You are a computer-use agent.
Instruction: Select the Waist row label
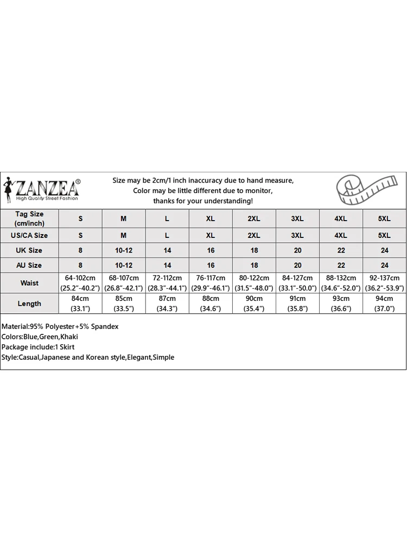29,283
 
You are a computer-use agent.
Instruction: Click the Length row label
29,304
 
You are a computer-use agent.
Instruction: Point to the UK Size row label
29,250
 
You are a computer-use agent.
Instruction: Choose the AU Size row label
29,265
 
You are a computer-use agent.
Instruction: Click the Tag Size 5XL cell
384,218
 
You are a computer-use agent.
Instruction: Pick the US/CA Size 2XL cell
254,236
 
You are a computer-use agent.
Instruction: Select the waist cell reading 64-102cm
80,283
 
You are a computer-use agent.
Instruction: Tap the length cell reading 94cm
384,304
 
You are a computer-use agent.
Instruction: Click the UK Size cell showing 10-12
124,250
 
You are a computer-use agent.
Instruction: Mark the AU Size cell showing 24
384,265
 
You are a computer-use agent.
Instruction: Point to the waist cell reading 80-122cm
254,283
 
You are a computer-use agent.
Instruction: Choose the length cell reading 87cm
167,304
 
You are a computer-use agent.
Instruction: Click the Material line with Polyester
60,327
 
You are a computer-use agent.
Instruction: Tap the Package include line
38,347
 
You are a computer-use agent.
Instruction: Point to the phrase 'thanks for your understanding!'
203,201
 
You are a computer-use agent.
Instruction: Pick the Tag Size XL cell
211,218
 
